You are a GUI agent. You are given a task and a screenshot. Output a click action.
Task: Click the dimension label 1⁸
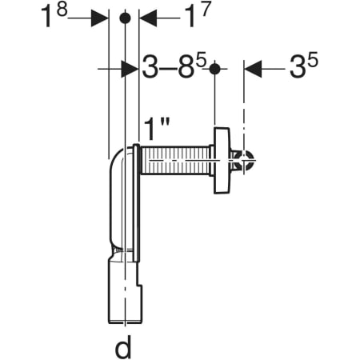(54, 15)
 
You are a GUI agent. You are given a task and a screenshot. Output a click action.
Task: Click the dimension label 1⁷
(198, 15)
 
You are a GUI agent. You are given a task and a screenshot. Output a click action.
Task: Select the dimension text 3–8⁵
(174, 66)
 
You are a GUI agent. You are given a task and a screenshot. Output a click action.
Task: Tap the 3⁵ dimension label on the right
(304, 66)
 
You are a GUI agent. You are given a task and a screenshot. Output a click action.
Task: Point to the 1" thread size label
(157, 130)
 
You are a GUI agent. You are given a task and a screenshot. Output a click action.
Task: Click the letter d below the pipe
(123, 346)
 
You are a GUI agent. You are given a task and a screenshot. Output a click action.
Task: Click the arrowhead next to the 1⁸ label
(99, 18)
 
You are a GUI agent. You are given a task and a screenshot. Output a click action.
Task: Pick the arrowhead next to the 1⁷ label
(148, 18)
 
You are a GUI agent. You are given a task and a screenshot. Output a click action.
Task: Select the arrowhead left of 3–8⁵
(130, 69)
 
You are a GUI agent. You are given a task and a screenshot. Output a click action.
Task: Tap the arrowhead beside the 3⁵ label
(253, 69)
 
